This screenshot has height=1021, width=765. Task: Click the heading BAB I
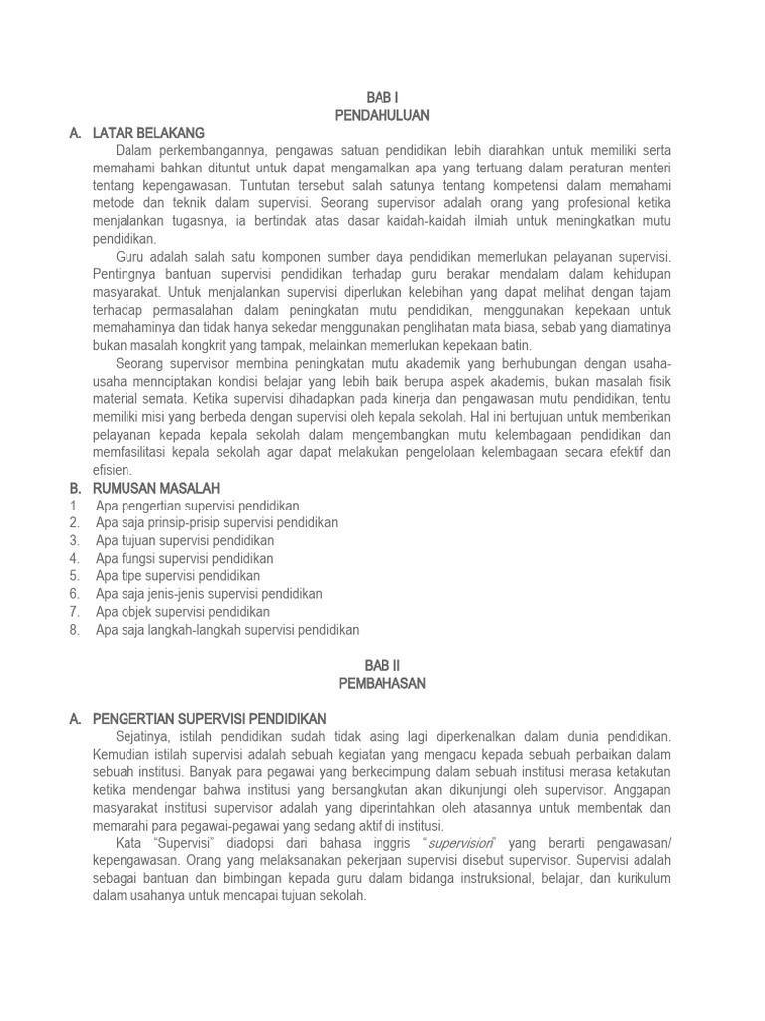coord(382,99)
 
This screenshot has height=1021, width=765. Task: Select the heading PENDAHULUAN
coord(382,116)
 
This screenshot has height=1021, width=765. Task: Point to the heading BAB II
coord(382,665)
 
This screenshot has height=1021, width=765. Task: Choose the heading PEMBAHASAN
coord(382,683)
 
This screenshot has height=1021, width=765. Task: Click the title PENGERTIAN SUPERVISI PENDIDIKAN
coord(208,718)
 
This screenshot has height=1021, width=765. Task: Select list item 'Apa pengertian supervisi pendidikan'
coord(197,506)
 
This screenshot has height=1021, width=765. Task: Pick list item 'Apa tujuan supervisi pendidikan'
coord(185,540)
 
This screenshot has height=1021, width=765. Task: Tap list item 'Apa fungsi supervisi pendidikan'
coord(184,558)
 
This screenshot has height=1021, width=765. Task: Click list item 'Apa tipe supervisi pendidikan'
coord(178,576)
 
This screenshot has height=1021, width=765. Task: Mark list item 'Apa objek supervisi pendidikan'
coord(183,612)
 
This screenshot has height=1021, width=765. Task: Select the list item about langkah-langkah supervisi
coord(227,630)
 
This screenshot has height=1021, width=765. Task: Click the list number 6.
coord(75,594)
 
